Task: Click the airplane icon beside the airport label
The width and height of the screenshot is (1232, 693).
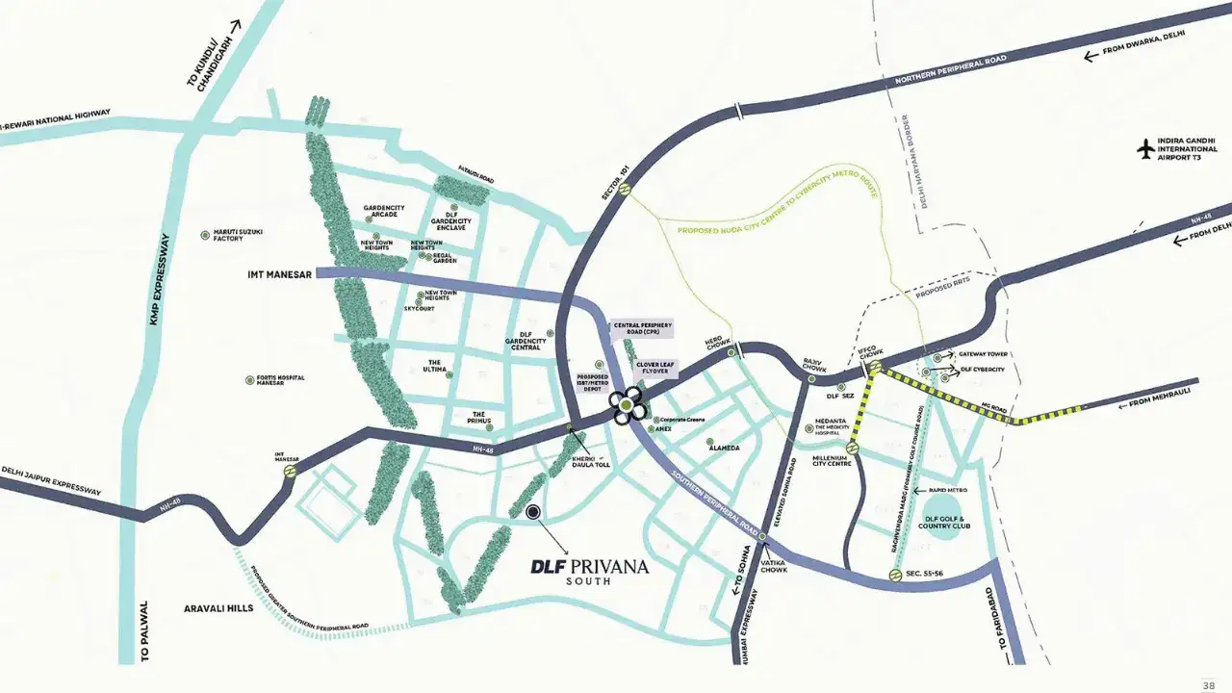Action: click(1144, 150)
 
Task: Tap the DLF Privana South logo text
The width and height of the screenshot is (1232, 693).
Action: click(589, 568)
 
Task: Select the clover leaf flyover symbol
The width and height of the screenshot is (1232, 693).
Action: click(628, 406)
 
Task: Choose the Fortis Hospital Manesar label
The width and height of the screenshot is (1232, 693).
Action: click(281, 380)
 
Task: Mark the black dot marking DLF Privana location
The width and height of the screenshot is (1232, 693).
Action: click(533, 513)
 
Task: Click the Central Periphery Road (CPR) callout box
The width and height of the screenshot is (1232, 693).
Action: click(642, 329)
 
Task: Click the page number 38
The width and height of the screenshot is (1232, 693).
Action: click(1209, 684)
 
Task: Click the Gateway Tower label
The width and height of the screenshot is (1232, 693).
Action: click(982, 355)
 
